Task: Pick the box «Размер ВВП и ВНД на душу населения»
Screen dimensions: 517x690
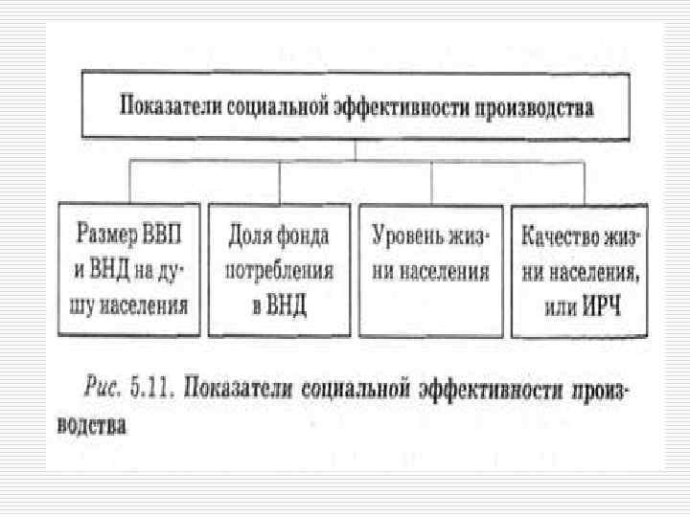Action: coord(129,270)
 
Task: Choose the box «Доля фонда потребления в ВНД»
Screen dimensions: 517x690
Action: coord(280,270)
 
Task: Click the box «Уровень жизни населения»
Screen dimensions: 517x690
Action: coord(430,270)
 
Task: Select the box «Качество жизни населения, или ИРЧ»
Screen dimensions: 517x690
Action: coord(579,270)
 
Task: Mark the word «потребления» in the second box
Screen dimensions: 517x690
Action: coord(280,271)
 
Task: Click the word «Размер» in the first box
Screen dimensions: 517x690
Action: coord(103,235)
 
